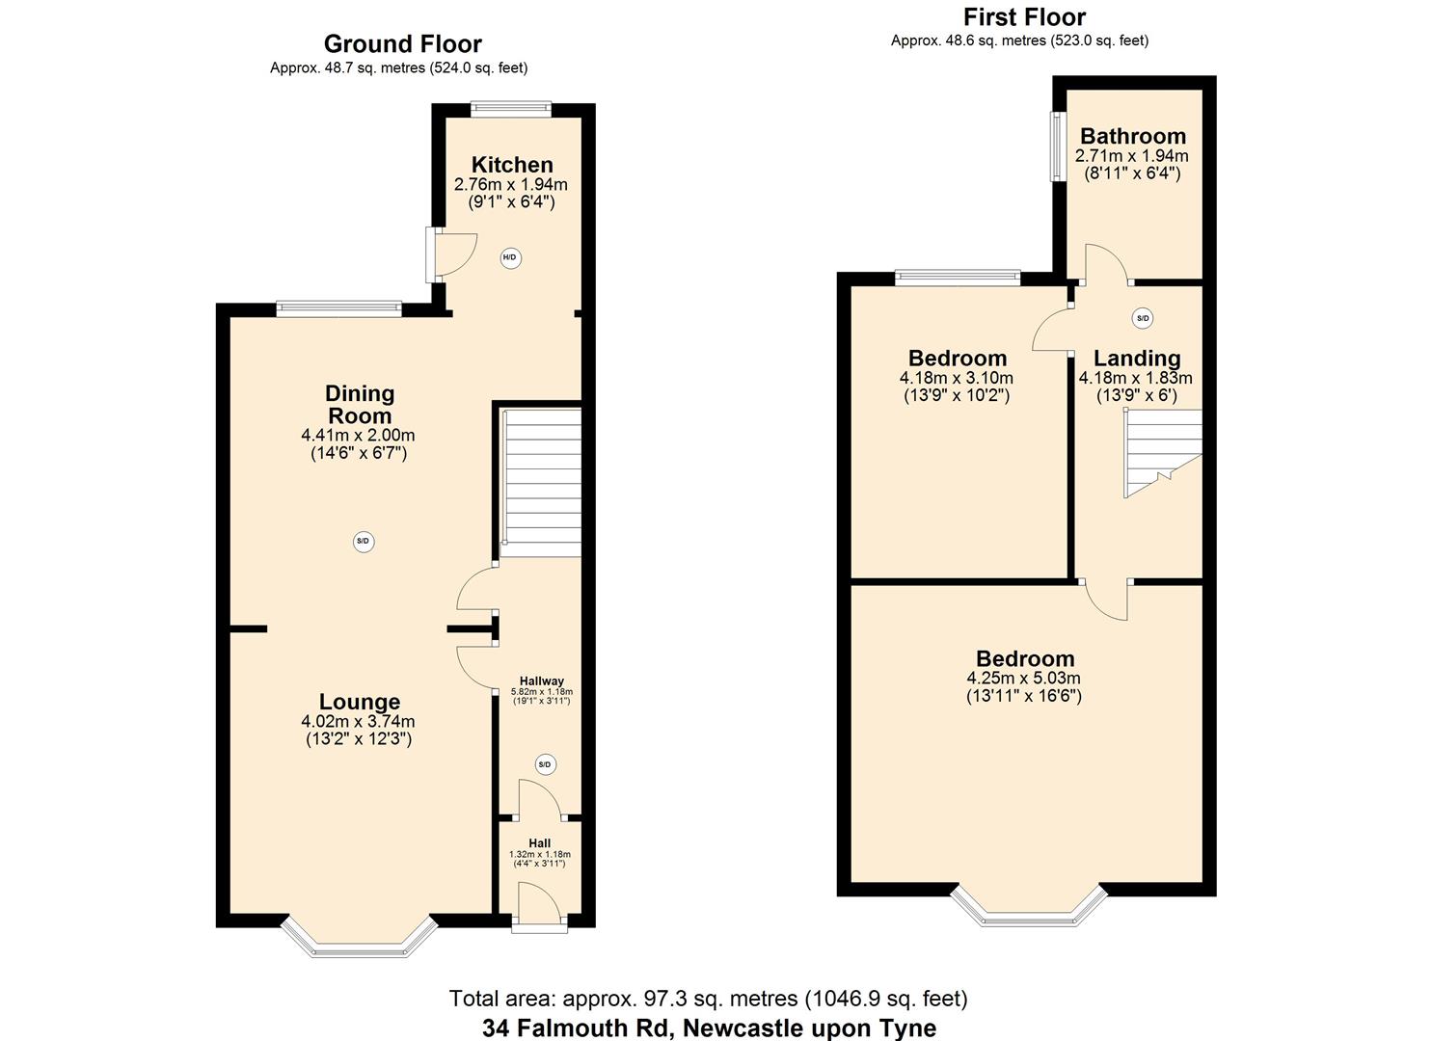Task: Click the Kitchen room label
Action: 511,165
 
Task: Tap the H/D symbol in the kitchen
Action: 510,257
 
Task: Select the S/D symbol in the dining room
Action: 363,542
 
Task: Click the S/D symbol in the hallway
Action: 544,765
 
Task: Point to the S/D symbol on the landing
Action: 1143,318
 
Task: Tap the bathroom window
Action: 1057,147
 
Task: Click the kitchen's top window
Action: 510,110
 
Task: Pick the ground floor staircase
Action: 541,482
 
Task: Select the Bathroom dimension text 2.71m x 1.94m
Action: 1131,156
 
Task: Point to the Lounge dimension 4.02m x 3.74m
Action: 358,722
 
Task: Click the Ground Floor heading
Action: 402,44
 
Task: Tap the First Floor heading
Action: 1023,17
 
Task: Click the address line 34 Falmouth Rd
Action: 709,1028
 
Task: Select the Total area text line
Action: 709,999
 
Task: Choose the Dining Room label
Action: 359,405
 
